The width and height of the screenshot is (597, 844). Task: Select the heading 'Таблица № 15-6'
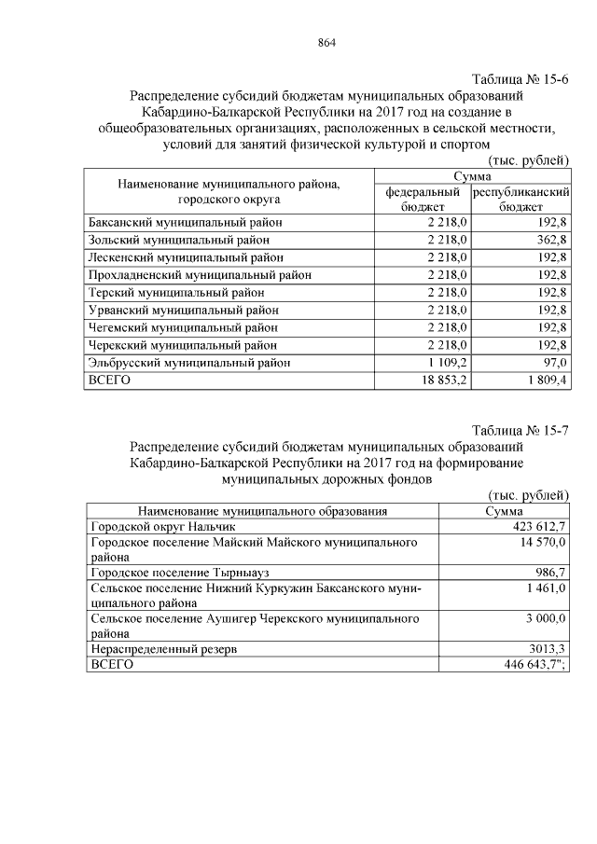521,78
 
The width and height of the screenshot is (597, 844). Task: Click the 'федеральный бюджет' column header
422,199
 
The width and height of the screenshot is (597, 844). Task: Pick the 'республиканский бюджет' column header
521,199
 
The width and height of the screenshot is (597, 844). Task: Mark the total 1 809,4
545,380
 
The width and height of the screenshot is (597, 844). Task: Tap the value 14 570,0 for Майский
540,543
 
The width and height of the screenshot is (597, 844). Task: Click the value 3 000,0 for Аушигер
543,618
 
